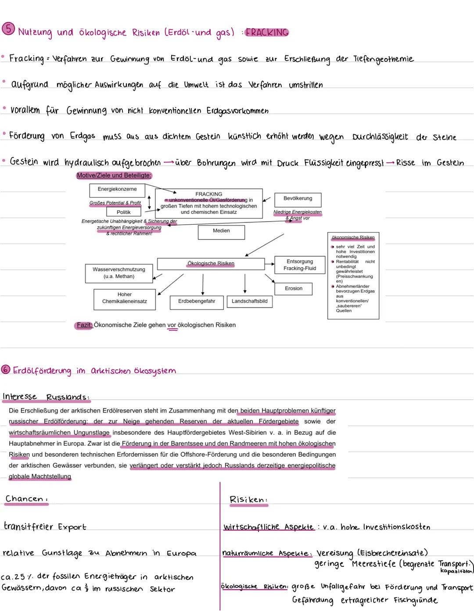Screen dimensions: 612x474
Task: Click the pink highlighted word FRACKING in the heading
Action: pyautogui.click(x=267, y=32)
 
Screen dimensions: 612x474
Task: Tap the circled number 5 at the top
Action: pyautogui.click(x=7, y=29)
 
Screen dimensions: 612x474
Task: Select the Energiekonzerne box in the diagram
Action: pyautogui.click(x=117, y=190)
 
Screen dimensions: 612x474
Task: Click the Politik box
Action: pyautogui.click(x=124, y=212)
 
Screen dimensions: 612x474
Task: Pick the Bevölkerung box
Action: pyautogui.click(x=298, y=199)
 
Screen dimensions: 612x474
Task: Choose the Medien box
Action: pyautogui.click(x=221, y=231)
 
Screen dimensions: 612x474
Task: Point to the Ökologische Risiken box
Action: pyautogui.click(x=211, y=264)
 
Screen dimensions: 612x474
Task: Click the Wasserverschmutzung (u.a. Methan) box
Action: pyautogui.click(x=119, y=273)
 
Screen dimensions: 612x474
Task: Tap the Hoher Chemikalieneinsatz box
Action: pyautogui.click(x=125, y=298)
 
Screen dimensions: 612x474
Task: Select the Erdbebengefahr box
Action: pyautogui.click(x=197, y=301)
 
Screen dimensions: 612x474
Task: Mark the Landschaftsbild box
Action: pyautogui.click(x=249, y=301)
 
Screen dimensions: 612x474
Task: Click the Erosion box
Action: pyautogui.click(x=294, y=289)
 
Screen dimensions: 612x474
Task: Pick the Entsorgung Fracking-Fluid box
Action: pyautogui.click(x=300, y=265)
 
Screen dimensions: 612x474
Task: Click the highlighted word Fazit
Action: pyautogui.click(x=84, y=325)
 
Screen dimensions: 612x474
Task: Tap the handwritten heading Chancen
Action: pyautogui.click(x=25, y=499)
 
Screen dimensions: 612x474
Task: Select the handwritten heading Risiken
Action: pyautogui.click(x=248, y=500)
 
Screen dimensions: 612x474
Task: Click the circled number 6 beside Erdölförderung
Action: pyautogui.click(x=5, y=369)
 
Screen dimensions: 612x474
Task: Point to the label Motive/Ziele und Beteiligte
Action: pyautogui.click(x=114, y=175)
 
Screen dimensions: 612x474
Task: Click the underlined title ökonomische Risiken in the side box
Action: pyautogui.click(x=353, y=237)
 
